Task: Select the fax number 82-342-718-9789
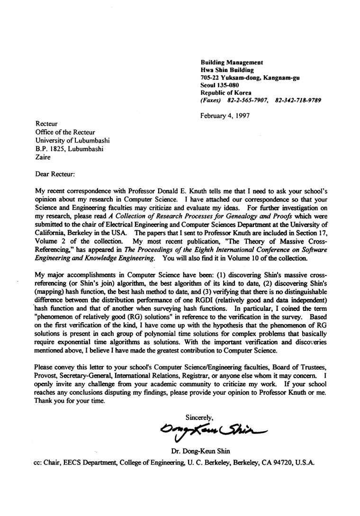click(298, 100)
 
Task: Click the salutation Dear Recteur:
click(55, 174)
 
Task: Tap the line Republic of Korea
click(226, 93)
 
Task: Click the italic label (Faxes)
click(211, 100)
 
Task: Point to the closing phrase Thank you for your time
click(70, 400)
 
